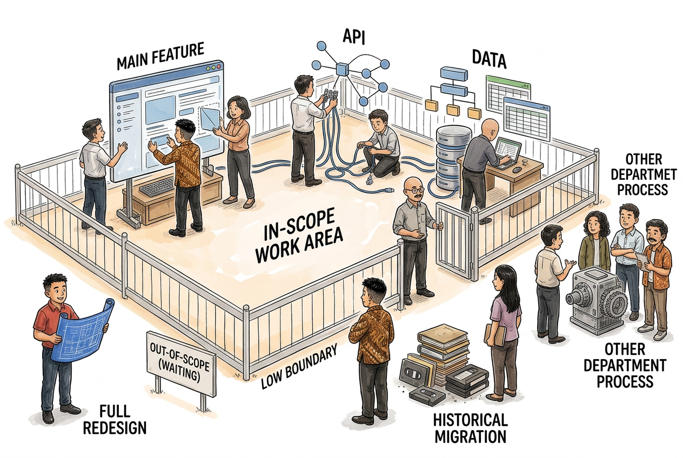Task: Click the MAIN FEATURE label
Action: (x=160, y=57)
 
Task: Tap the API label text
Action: (x=354, y=37)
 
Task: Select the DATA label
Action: (x=489, y=59)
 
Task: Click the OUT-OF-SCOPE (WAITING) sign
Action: (x=181, y=362)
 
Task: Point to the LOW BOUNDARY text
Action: (x=299, y=367)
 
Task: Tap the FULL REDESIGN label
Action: (x=115, y=420)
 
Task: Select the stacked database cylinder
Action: (x=449, y=158)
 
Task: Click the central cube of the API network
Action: (x=342, y=69)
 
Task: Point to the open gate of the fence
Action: (x=455, y=241)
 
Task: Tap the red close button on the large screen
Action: (x=218, y=67)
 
